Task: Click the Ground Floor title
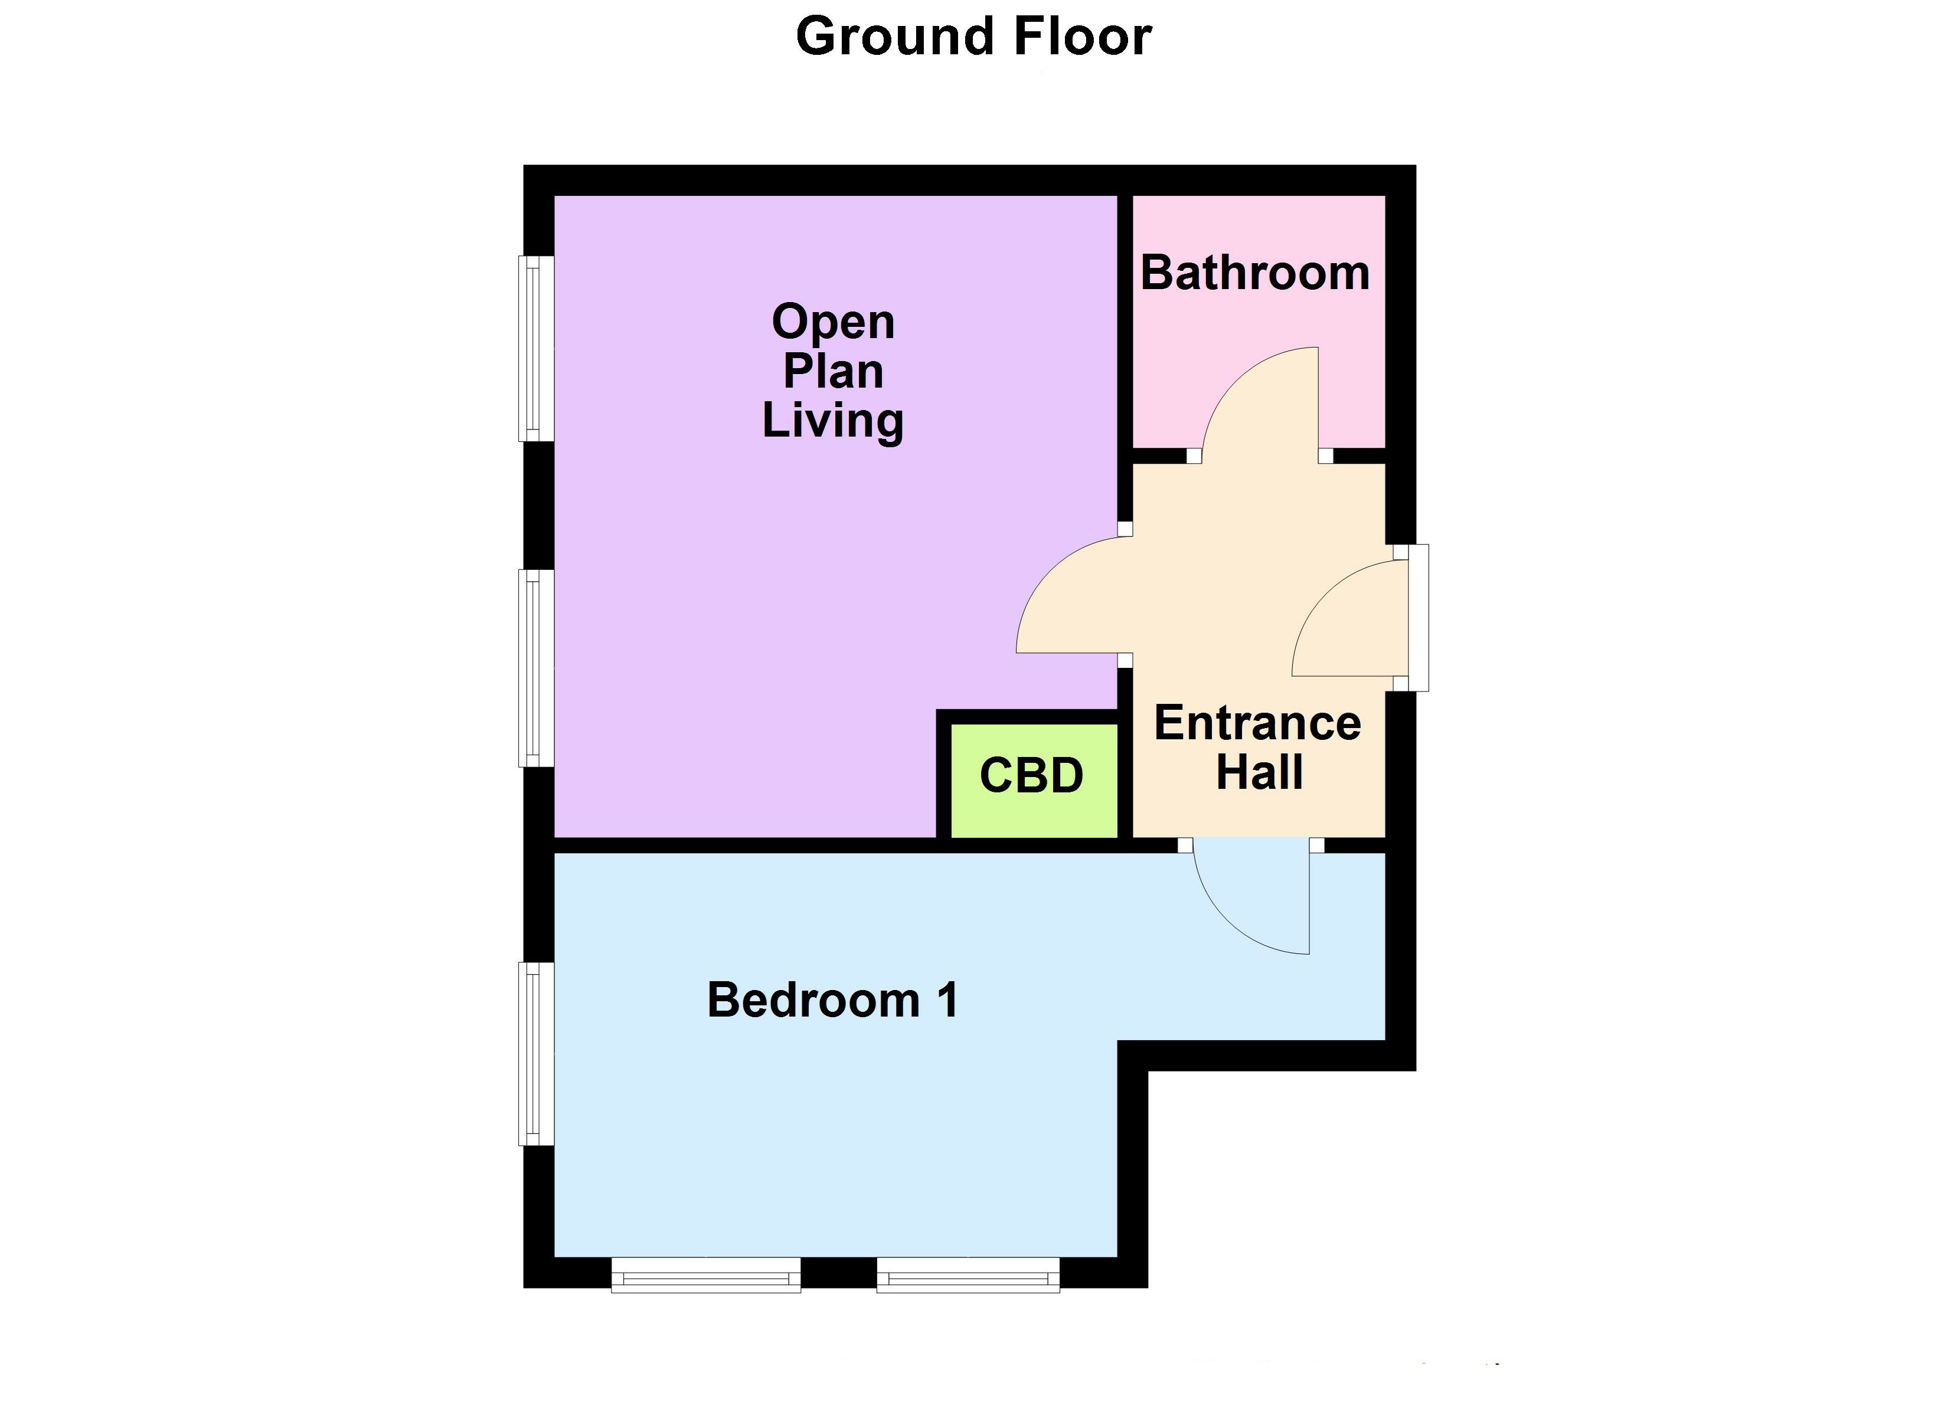coord(973,37)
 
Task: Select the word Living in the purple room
coord(832,421)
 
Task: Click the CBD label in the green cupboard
coord(1031,775)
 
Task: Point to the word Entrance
coord(1257,723)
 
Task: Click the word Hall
coord(1259,771)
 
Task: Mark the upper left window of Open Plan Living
coord(534,348)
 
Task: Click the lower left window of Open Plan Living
coord(534,667)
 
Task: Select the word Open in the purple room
coord(832,322)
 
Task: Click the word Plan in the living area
coord(832,371)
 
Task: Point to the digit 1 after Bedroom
coord(947,1001)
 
